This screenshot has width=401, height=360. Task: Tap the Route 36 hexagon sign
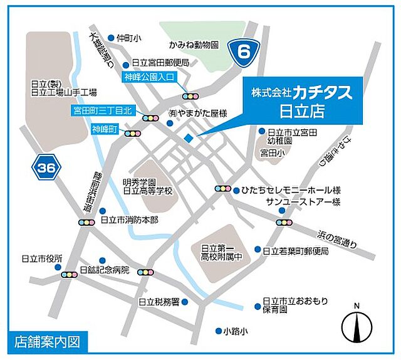pos(44,168)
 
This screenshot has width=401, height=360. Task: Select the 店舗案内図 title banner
pos(48,343)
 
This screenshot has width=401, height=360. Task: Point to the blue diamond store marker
pos(189,139)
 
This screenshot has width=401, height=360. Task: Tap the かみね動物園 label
pos(194,45)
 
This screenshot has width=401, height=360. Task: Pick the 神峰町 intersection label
pos(105,130)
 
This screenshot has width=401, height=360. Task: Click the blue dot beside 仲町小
pos(111,38)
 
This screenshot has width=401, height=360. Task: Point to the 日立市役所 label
pos(42,258)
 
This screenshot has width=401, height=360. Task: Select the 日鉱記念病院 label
pos(104,270)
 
